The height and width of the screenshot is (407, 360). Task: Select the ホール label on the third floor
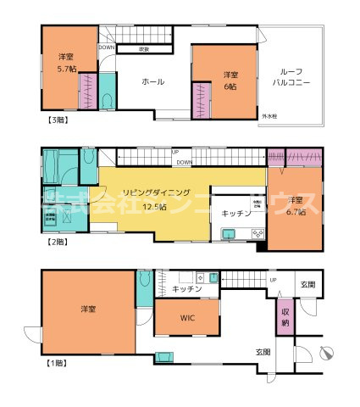tap(152, 81)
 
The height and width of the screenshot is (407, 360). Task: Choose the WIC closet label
tap(188, 319)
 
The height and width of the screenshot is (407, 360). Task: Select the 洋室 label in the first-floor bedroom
tap(86, 310)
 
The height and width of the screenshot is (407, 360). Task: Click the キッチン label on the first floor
tap(186, 289)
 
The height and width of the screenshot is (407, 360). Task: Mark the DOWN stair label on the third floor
tap(107, 47)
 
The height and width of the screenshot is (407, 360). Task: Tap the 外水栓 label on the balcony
tap(270, 115)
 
